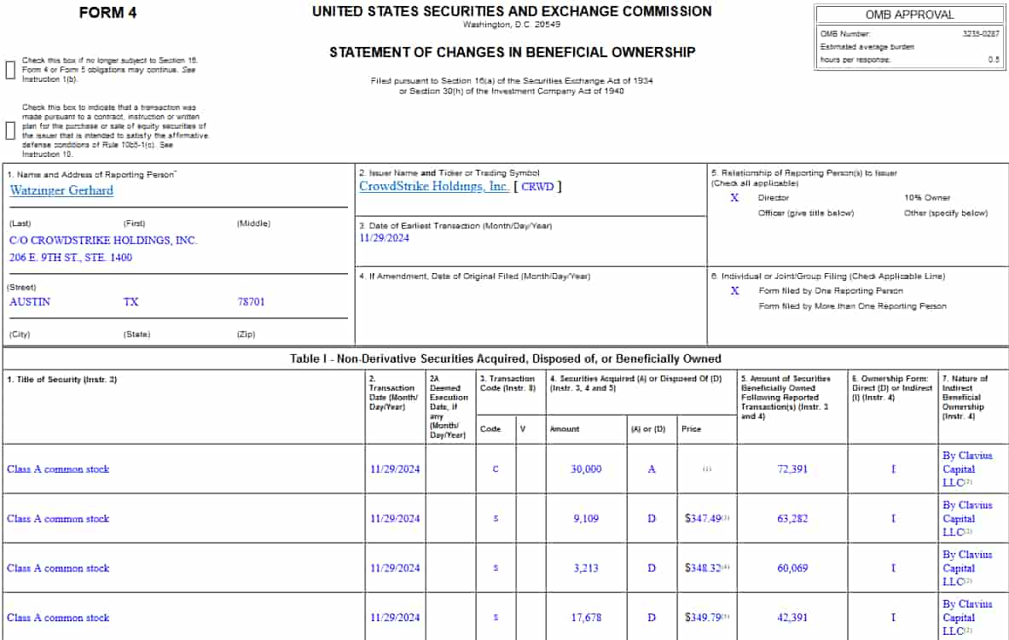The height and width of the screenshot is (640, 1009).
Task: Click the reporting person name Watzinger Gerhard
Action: click(x=61, y=190)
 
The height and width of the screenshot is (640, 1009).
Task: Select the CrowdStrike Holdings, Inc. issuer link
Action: click(x=434, y=186)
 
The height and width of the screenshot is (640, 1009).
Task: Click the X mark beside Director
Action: click(x=734, y=198)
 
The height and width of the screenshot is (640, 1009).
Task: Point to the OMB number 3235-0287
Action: click(x=981, y=33)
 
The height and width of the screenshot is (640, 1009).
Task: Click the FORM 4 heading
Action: click(x=107, y=13)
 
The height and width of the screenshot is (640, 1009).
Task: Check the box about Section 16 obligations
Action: click(x=11, y=70)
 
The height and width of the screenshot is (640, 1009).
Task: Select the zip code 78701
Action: click(x=251, y=302)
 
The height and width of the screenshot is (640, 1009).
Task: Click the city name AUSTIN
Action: click(x=30, y=302)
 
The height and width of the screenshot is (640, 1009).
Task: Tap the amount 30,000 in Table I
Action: click(x=586, y=469)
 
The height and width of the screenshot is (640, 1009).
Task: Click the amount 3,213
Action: click(x=586, y=568)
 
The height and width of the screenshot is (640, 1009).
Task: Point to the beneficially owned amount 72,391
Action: click(x=792, y=469)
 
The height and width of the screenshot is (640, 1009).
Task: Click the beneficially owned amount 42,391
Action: click(x=792, y=618)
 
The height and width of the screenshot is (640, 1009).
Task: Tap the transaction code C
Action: click(x=496, y=469)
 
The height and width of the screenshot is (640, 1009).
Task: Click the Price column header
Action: click(x=691, y=429)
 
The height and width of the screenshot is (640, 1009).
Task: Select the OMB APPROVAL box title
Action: click(x=910, y=15)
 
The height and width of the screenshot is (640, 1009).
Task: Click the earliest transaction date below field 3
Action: click(x=385, y=238)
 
